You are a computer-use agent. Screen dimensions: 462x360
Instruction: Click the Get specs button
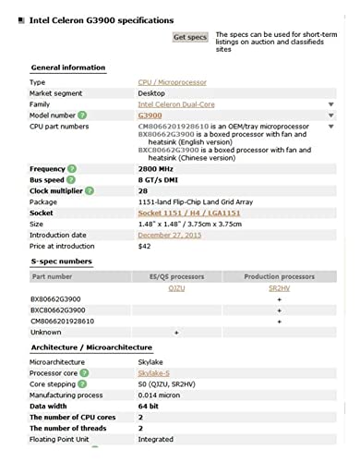[190, 37]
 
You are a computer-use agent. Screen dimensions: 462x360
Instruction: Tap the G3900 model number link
[150, 115]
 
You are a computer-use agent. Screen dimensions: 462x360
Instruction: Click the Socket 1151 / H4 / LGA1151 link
[189, 213]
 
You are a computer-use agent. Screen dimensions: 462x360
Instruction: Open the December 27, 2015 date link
[168, 235]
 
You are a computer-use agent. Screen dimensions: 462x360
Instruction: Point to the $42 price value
[144, 246]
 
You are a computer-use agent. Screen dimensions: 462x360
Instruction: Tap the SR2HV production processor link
[279, 288]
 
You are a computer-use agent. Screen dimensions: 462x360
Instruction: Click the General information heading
[67, 67]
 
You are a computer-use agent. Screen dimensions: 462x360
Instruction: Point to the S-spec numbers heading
[61, 262]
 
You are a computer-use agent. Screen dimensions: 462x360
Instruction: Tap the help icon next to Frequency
[73, 169]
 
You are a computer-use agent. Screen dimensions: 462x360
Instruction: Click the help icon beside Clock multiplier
[99, 190]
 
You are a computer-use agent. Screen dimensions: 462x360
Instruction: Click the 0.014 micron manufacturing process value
[162, 395]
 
